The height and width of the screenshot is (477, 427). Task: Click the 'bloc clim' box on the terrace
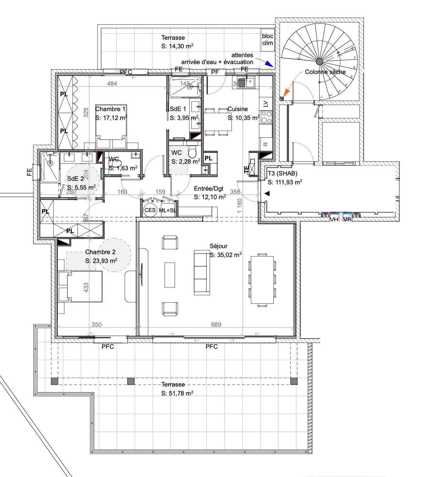pos(268,39)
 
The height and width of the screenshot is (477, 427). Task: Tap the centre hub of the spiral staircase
pos(319,61)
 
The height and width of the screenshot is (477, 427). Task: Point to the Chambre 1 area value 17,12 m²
pos(111,117)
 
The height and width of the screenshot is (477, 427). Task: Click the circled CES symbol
pos(150,210)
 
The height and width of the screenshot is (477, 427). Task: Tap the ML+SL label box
pos(167,210)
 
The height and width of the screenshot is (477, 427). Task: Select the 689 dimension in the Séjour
pos(216,325)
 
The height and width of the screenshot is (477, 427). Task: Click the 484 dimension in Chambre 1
pos(112,83)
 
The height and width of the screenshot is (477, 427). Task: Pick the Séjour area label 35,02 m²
pos(226,254)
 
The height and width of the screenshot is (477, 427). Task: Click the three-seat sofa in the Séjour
pos(202,272)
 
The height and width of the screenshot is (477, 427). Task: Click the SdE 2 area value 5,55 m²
pos(81,187)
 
